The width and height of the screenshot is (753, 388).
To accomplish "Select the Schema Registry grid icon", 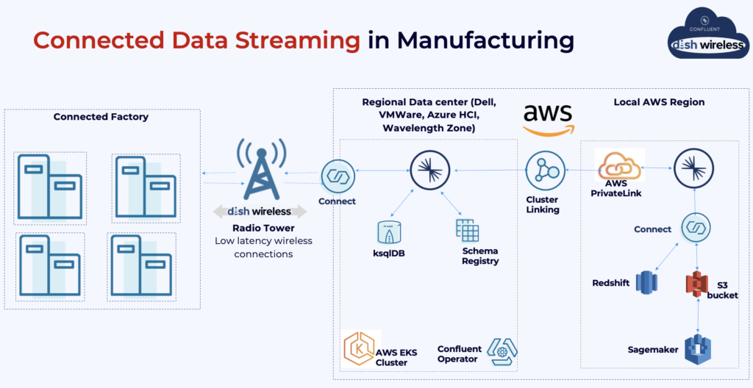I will (x=467, y=231).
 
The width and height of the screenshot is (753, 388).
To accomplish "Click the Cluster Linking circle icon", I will (x=543, y=171).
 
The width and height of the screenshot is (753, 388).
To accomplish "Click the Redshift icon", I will (x=646, y=281).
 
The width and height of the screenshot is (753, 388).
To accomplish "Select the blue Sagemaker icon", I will (x=695, y=349).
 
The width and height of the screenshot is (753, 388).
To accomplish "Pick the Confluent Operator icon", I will (x=502, y=352).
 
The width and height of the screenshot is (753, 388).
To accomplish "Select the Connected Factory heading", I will (x=101, y=117).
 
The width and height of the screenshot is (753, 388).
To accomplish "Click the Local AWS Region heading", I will (x=659, y=102).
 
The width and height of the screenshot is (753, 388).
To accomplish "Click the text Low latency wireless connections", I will (x=263, y=248).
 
